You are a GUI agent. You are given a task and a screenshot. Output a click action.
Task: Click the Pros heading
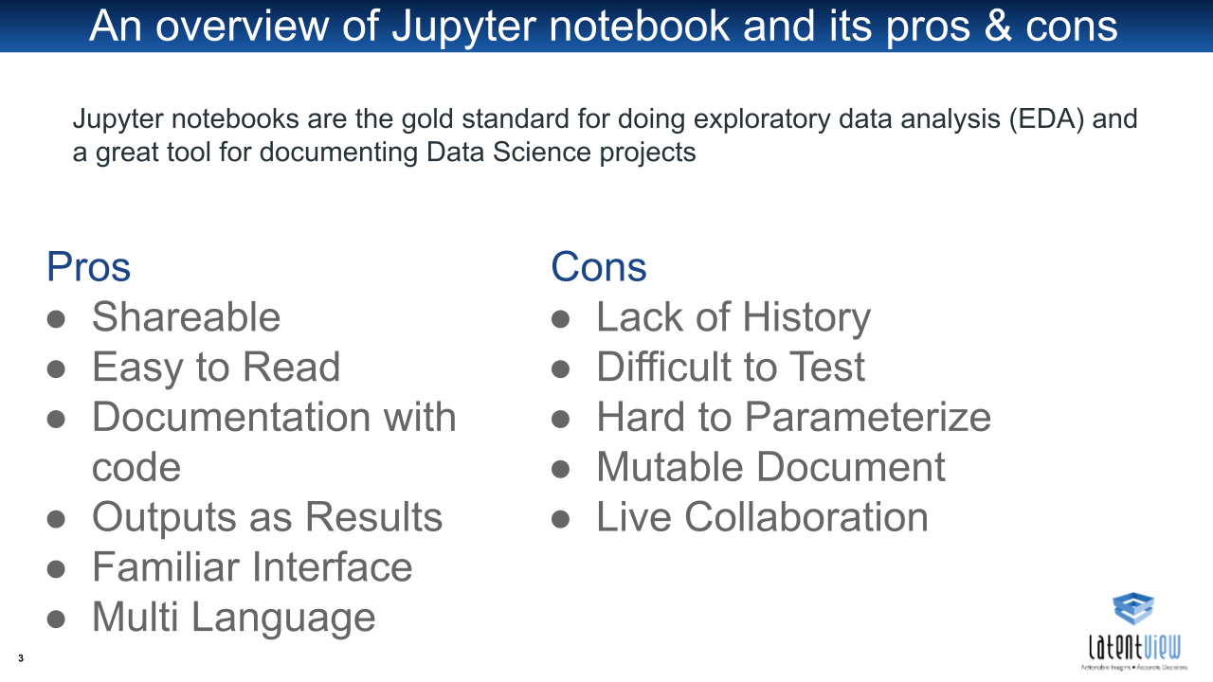pos(88,267)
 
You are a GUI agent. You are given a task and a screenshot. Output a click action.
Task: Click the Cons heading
pos(598,267)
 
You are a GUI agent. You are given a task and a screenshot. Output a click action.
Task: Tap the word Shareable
pos(186,316)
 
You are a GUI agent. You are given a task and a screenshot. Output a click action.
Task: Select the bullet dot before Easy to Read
pos(56,369)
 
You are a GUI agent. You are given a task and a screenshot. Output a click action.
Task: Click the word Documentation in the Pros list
pos(231,418)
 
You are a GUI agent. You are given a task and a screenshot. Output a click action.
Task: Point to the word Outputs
pos(165,518)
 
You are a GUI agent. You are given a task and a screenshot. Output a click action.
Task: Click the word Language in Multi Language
pos(283,619)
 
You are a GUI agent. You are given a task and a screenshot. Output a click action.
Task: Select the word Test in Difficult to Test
pos(827,367)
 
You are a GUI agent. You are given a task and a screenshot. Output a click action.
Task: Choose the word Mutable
pos(670,467)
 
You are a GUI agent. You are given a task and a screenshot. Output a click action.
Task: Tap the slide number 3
pos(21,658)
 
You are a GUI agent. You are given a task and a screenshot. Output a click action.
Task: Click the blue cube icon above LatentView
pos(1133,608)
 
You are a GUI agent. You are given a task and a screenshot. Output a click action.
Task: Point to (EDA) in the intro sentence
pos(1047,119)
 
